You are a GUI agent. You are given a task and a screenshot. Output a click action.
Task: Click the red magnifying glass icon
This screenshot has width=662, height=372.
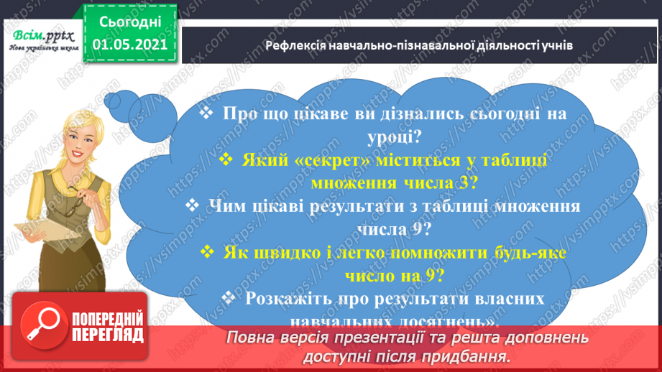coord(42,327)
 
